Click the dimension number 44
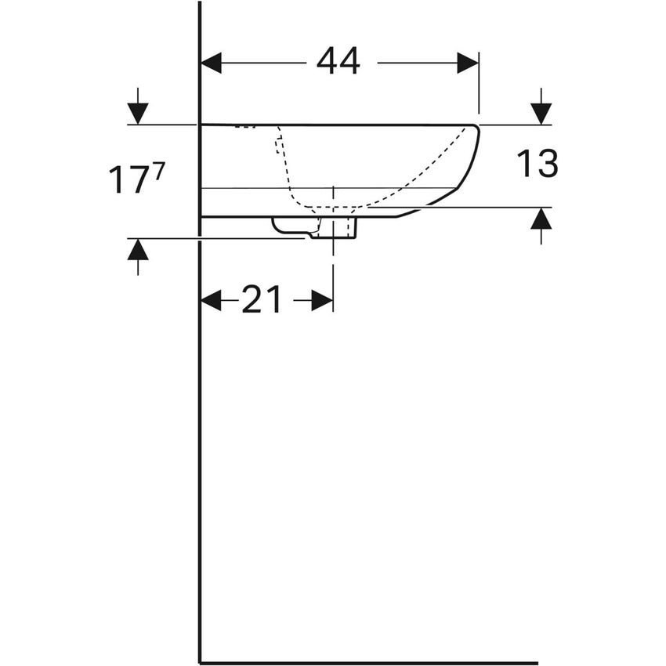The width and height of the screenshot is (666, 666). [x=338, y=61]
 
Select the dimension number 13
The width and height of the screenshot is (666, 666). [x=537, y=164]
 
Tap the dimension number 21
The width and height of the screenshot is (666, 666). [x=261, y=299]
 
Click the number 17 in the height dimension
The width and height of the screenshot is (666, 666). [x=127, y=180]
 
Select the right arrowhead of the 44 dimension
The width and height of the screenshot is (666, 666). [x=468, y=63]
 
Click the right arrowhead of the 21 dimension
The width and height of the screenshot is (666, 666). [x=322, y=300]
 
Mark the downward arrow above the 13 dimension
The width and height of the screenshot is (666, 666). [x=541, y=113]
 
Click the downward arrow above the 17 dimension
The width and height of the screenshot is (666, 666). [x=138, y=113]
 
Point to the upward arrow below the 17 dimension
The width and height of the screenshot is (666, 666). [x=138, y=251]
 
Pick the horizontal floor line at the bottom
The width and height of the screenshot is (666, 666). [x=368, y=663]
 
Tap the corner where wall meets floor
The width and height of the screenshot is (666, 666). [x=201, y=662]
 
